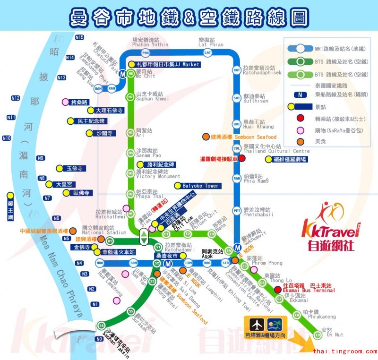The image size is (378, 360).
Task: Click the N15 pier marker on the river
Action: [79, 37]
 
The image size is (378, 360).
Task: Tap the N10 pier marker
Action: [7, 138]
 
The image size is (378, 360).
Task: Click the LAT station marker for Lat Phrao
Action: [207, 52]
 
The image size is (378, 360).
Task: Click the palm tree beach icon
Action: [274, 326]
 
